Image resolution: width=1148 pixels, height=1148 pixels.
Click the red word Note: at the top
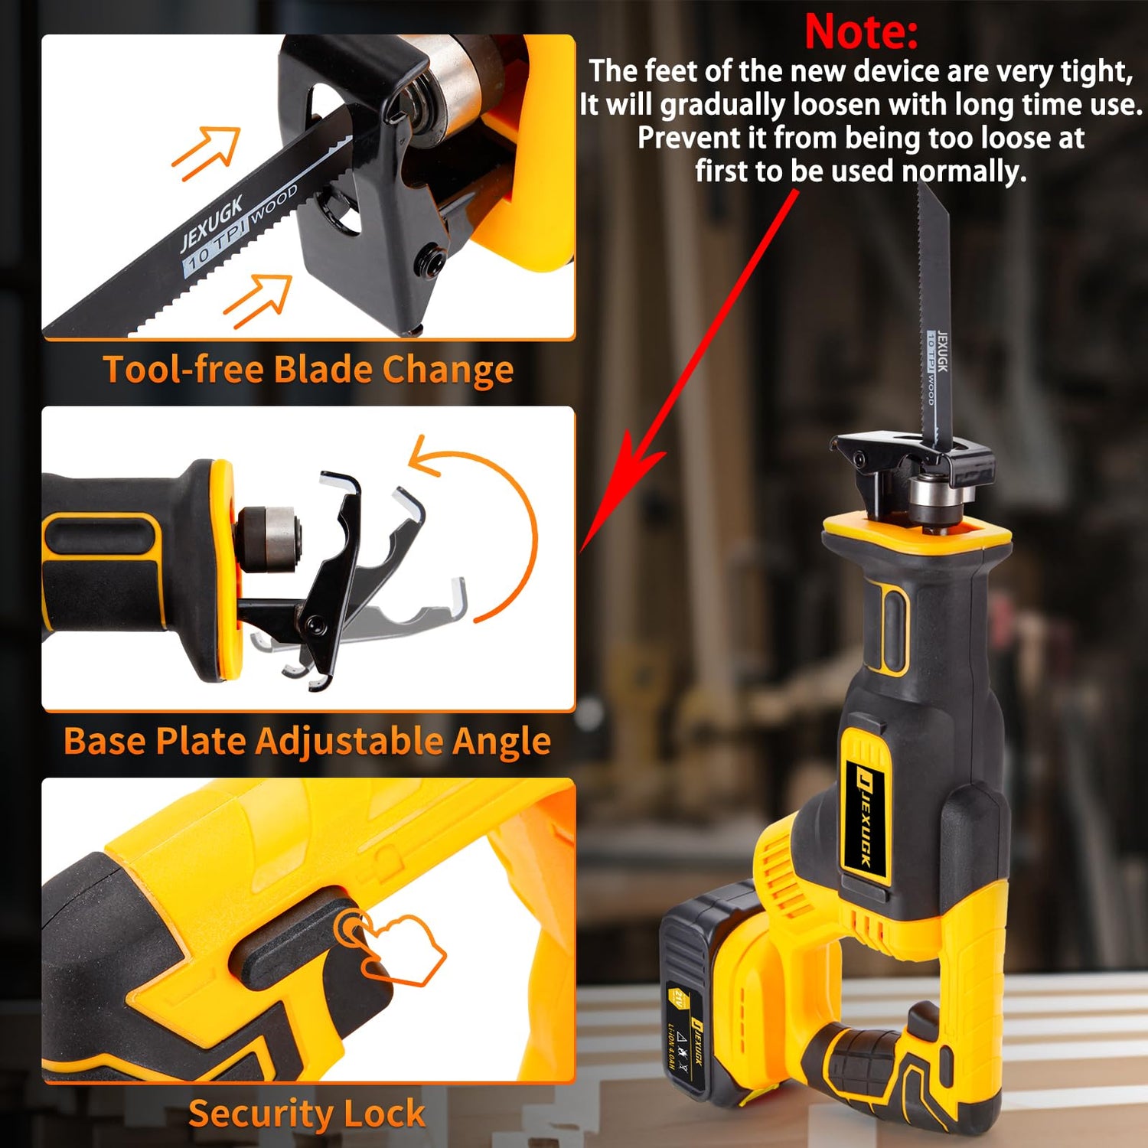pos(860,32)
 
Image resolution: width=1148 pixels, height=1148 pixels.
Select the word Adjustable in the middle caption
pos(349,741)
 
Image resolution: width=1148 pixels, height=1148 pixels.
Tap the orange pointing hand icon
pos(398,949)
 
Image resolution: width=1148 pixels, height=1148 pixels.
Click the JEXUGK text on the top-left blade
pos(211,223)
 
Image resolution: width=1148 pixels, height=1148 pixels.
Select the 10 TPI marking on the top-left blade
pos(214,245)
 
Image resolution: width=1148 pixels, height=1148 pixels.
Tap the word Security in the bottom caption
pos(260,1113)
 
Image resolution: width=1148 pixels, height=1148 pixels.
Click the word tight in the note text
pos(1094,71)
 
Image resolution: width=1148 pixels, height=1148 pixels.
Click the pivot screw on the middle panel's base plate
pos(315,628)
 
